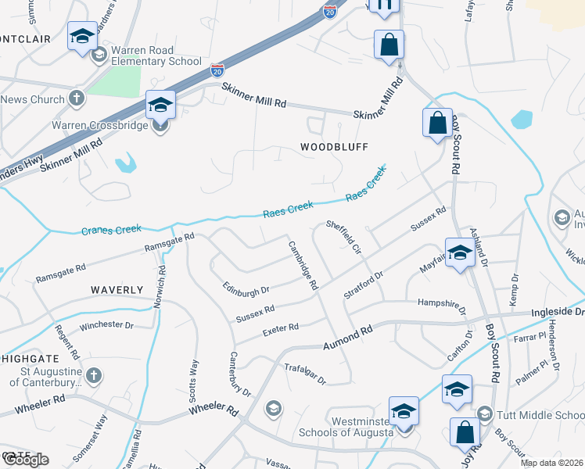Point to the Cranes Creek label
click(112, 230)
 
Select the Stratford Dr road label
click(364, 285)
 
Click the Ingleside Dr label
click(558, 312)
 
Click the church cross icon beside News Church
click(76, 98)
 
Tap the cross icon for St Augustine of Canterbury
click(93, 374)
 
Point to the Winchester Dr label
click(107, 324)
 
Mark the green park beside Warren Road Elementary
click(114, 81)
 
